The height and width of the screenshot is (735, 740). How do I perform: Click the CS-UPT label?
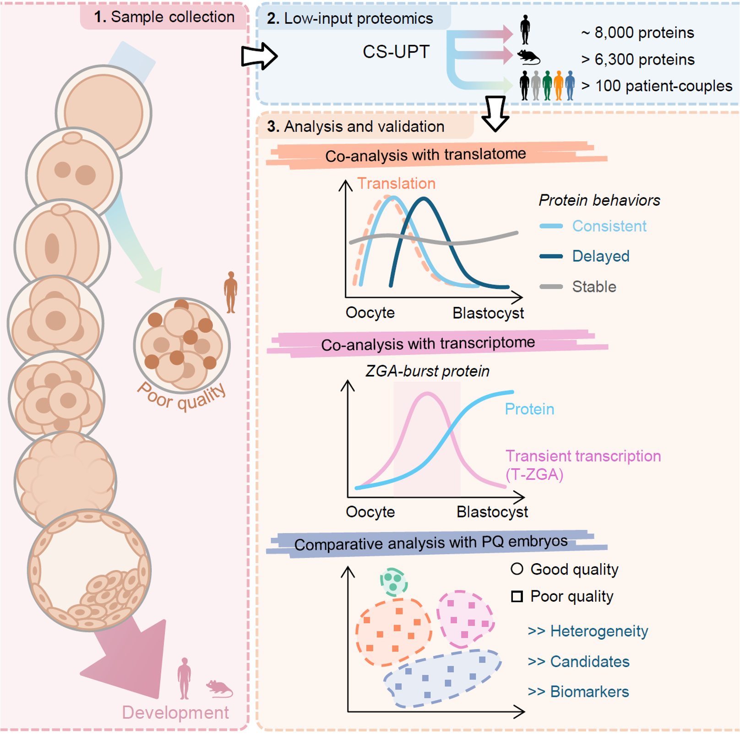tap(396, 52)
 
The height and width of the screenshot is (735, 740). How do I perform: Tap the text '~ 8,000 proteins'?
tap(637, 33)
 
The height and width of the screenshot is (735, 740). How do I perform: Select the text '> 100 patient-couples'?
tap(657, 86)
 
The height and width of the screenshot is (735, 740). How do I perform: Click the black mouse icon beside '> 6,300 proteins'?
tap(528, 57)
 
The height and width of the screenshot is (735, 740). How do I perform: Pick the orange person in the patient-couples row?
tap(558, 85)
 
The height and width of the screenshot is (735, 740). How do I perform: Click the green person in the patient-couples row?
tap(547, 85)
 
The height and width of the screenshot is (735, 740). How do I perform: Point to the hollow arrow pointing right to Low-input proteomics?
tap(259, 56)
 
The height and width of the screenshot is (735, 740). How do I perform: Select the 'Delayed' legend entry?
tap(600, 256)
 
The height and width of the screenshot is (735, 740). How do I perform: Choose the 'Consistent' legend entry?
tap(609, 226)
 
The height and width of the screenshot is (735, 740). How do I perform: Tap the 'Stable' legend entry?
tap(594, 287)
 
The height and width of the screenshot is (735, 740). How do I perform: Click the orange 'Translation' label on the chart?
tap(396, 183)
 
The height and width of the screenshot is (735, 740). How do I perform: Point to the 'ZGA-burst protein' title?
tap(427, 371)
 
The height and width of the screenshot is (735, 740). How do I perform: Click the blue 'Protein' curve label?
tap(529, 409)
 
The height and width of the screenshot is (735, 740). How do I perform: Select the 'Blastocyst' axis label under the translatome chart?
tap(488, 313)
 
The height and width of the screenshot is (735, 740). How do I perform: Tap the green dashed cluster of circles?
tap(393, 581)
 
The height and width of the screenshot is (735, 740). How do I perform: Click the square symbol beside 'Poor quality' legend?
tap(517, 596)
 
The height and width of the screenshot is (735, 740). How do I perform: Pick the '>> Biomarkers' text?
tap(578, 691)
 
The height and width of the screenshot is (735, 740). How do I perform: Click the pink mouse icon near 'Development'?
tap(219, 688)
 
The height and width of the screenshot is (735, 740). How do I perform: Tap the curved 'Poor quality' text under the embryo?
tap(182, 397)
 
